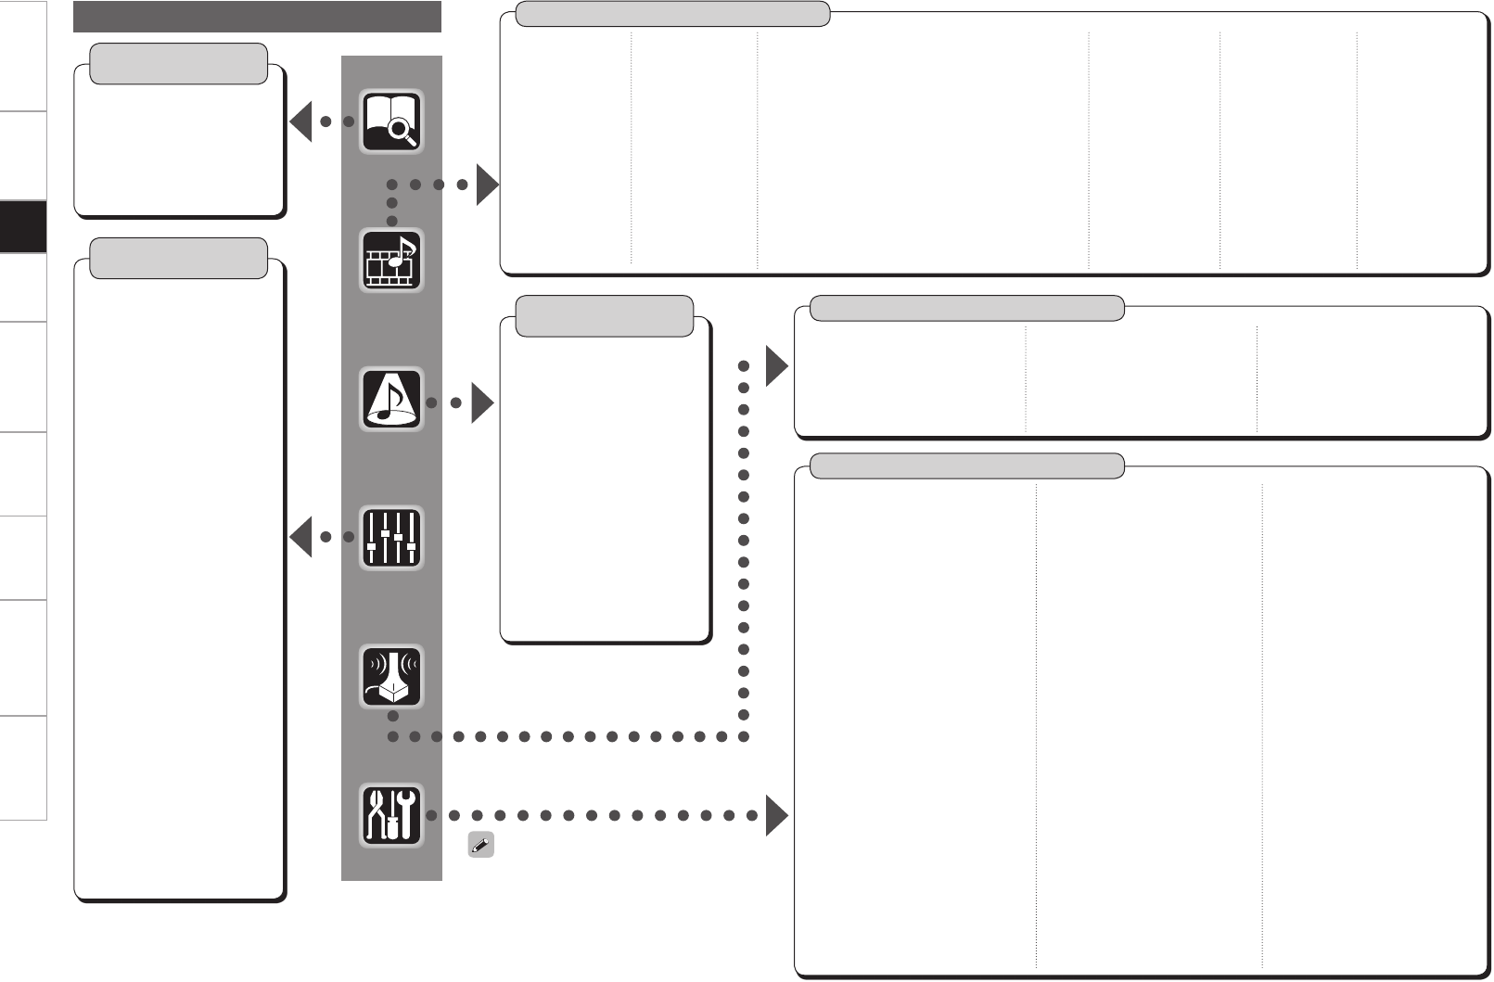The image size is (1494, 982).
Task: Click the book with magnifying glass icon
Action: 391,121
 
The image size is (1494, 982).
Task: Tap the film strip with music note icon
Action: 391,261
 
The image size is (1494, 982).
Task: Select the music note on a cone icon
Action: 391,400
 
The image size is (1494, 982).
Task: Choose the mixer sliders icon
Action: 391,538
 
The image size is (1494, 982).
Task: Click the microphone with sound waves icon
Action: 391,676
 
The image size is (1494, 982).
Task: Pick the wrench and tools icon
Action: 391,815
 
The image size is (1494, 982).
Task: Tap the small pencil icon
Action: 480,845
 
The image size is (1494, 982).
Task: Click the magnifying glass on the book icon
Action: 402,133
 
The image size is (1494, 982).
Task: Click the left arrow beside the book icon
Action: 300,121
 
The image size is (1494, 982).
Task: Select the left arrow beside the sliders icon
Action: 300,538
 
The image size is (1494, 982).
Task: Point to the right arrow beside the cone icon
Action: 482,403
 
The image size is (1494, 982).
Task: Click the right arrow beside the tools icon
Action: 776,816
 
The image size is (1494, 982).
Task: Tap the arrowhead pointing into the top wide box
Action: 487,185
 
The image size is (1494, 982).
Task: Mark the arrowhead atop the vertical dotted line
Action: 776,366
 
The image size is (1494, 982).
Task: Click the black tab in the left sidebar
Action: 23,226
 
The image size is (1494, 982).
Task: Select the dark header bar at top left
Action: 257,17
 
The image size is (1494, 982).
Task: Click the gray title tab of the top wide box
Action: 672,14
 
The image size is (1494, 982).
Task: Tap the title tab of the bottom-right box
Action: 967,465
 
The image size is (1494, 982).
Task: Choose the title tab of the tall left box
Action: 179,258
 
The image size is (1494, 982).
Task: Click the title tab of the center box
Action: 604,316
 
